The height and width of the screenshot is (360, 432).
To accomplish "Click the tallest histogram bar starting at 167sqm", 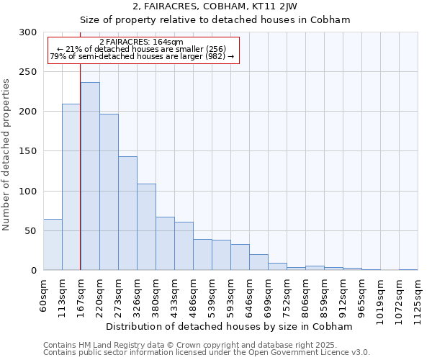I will pos(90,176).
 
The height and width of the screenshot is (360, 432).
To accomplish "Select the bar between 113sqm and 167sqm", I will pos(71,187).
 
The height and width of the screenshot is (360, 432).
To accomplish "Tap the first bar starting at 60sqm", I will pos(53,245).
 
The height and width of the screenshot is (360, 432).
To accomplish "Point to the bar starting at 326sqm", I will pos(146,227).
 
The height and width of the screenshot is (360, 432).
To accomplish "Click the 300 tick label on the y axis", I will pos(28,32).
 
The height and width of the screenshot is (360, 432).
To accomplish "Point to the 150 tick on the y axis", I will pos(28,151).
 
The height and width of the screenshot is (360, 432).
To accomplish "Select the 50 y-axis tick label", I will pos(30,230).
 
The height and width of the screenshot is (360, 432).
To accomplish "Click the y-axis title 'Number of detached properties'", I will pos(7,155).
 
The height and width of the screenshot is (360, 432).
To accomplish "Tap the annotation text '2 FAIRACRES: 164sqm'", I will pos(141,42).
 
